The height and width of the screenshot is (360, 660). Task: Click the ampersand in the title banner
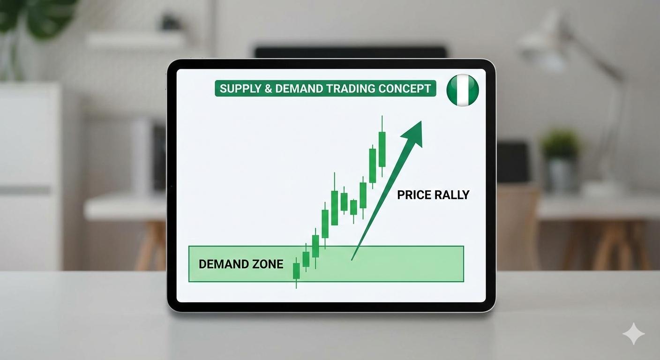pyautogui.click(x=268, y=89)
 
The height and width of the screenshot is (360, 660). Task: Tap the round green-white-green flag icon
pyautogui.click(x=463, y=90)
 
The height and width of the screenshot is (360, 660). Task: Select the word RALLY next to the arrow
pyautogui.click(x=452, y=195)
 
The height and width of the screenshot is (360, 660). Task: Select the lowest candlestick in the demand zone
pyautogui.click(x=296, y=271)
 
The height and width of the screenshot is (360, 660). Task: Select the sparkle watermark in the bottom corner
pyautogui.click(x=633, y=334)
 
